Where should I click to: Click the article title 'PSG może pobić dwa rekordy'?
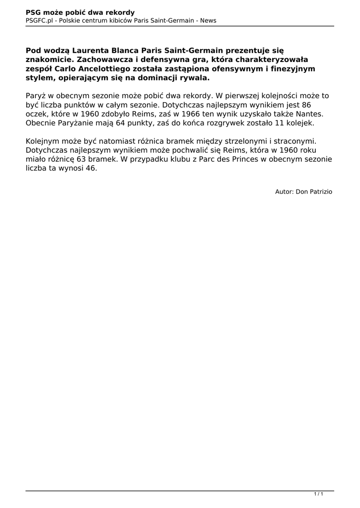click(80, 12)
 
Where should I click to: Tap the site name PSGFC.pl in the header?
click(40, 20)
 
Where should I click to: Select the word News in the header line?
click(208, 20)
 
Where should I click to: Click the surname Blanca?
click(128, 50)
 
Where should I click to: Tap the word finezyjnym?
click(291, 68)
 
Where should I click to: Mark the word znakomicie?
click(48, 60)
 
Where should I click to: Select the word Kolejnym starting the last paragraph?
click(44, 141)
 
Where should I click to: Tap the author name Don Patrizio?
click(314, 191)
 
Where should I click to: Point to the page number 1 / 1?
click(319, 494)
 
